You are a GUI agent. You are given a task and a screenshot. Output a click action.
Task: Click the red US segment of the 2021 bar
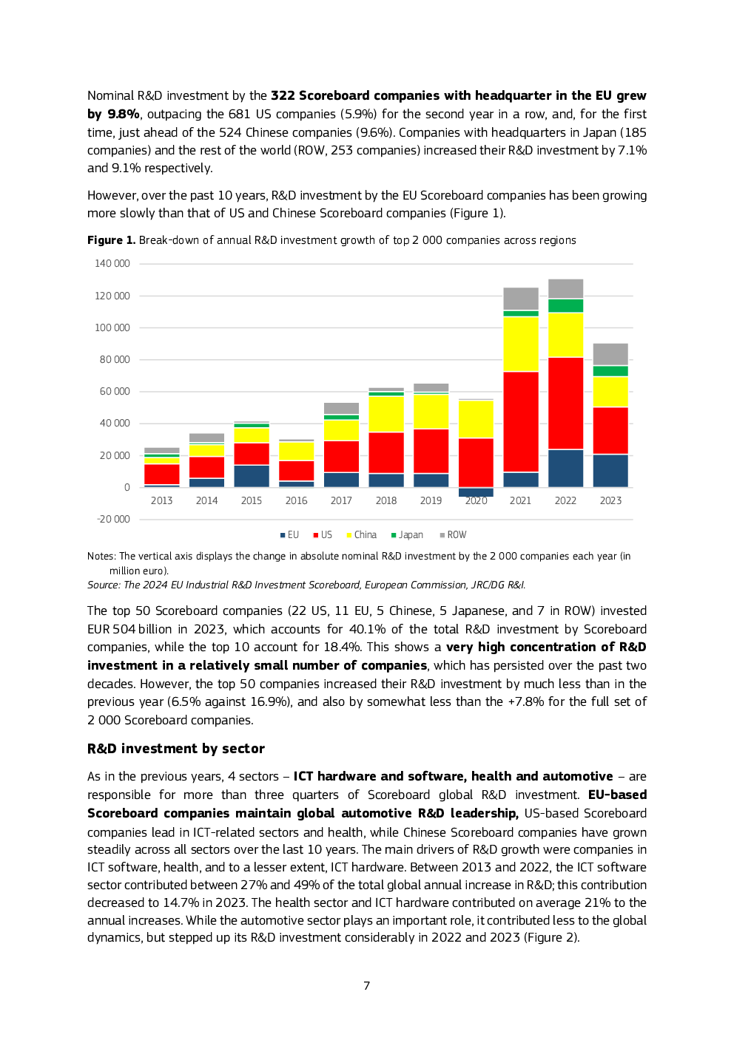coord(521,421)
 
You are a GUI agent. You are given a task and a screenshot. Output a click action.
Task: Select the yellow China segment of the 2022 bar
coord(565,335)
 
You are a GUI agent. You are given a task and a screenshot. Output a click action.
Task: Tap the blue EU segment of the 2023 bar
coord(610,470)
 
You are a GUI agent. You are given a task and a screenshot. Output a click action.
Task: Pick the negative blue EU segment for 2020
coord(476,492)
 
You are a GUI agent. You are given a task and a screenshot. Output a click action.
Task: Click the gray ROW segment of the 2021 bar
coord(521,299)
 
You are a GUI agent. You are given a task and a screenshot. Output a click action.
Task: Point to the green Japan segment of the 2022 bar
coord(565,305)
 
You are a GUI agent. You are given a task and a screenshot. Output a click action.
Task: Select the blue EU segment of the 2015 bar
coord(252,476)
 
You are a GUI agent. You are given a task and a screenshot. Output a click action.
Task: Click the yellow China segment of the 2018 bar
coord(386,414)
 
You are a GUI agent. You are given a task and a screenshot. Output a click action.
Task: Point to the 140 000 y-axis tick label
coord(112,264)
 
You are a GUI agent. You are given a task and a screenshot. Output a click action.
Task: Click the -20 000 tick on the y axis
coord(113,519)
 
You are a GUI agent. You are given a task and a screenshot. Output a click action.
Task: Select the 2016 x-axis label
coord(296,500)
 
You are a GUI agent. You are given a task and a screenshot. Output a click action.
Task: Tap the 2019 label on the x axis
coord(431,500)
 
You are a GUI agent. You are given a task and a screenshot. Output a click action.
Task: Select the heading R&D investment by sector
coord(176,749)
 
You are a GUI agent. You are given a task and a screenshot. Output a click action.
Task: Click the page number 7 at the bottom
coord(366,986)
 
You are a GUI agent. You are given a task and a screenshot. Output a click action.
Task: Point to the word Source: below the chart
coord(104,585)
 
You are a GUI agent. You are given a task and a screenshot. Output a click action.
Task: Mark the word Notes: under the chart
coord(101,556)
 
